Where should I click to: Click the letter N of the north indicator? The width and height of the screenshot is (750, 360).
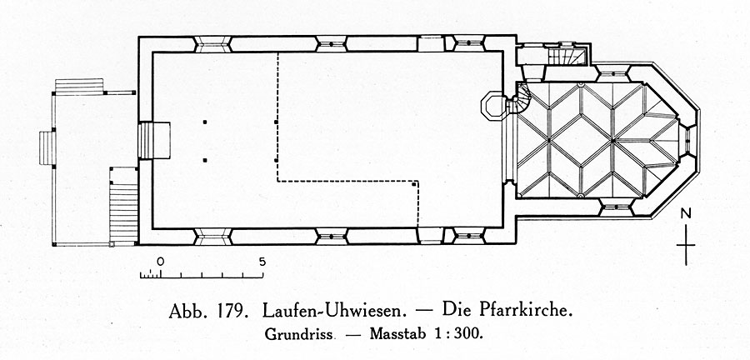click(x=686, y=214)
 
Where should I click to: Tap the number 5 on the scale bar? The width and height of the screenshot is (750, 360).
click(x=262, y=262)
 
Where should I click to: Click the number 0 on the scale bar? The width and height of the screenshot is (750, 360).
click(x=160, y=262)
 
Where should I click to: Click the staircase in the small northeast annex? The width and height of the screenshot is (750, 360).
click(x=567, y=56)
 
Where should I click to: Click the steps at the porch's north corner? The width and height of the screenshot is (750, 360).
click(x=79, y=87)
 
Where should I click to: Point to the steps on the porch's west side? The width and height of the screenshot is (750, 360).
click(x=47, y=148)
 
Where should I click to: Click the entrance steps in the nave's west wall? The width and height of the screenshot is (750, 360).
click(x=154, y=141)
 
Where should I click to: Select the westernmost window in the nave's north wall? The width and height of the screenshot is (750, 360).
click(x=212, y=44)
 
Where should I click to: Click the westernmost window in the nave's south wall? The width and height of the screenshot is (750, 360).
click(x=212, y=237)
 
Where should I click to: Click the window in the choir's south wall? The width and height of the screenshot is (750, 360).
click(x=616, y=207)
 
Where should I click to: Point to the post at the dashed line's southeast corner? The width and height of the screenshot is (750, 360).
click(x=413, y=183)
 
